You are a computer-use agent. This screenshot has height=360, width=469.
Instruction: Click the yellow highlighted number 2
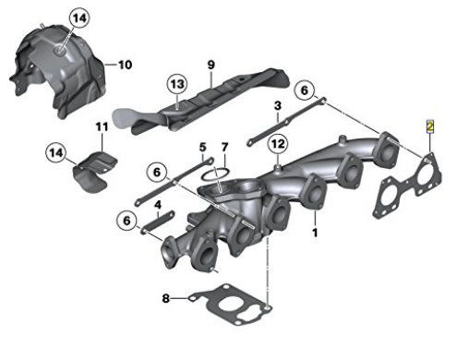tap(429, 126)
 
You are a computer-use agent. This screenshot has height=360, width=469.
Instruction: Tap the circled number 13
tap(177, 84)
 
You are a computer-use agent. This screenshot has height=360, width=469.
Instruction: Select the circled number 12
tap(278, 144)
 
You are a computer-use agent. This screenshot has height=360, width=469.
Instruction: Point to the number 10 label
tap(125, 65)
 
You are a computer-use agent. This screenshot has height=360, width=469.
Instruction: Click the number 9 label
tap(210, 65)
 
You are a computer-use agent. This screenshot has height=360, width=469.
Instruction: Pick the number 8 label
tap(165, 298)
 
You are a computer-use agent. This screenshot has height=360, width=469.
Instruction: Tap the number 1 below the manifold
tap(315, 233)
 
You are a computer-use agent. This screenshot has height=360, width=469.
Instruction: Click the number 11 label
tap(102, 126)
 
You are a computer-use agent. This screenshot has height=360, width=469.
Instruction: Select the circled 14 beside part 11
tap(56, 153)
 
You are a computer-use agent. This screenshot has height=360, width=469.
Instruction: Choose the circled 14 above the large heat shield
tap(79, 18)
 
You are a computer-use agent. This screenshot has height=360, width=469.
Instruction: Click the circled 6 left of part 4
tap(126, 221)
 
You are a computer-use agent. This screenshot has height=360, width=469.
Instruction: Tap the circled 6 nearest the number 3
tap(304, 90)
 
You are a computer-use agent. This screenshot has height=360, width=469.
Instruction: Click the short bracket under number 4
tap(158, 221)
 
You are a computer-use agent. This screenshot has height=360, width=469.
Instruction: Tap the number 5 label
tap(202, 148)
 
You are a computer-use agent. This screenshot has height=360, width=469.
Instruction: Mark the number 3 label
tap(278, 106)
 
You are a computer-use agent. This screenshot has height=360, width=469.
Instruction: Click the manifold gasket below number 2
tap(406, 185)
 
